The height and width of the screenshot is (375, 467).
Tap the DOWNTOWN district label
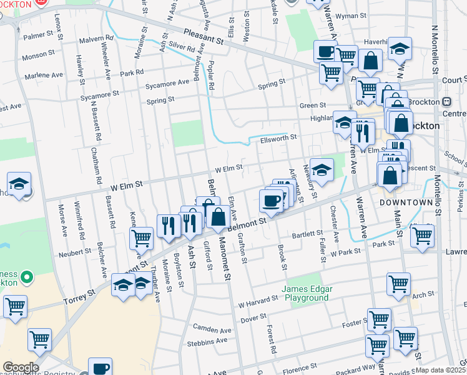click(406, 203)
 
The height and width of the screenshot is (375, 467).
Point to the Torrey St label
click(79, 297)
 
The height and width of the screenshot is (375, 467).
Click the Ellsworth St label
click(278, 137)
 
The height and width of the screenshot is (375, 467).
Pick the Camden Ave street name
click(212, 329)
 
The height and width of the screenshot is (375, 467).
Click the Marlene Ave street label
click(44, 76)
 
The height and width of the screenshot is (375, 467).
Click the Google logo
click(21, 367)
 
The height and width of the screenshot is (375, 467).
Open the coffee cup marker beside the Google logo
click(100, 367)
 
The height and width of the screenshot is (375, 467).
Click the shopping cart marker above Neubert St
click(142, 237)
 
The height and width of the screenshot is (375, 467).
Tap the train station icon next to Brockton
click(447, 102)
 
